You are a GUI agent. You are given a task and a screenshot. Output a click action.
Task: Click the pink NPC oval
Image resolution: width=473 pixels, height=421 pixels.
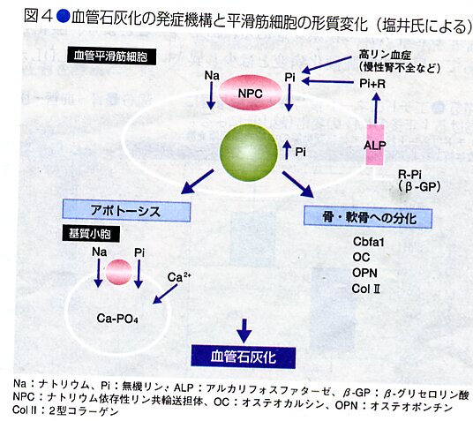250,93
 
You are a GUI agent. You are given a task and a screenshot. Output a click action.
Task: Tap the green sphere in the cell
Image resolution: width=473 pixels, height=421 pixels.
249,153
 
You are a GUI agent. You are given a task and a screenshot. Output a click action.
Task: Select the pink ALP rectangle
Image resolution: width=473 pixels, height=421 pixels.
375,145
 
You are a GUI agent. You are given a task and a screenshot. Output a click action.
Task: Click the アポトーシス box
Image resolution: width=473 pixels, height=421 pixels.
126,210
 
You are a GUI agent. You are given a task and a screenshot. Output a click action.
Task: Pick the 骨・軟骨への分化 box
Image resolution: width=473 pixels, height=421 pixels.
368,217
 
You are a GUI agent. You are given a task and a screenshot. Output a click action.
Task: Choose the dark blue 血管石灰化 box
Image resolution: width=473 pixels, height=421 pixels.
244,357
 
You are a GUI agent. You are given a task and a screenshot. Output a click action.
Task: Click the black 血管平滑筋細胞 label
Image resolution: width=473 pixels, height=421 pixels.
111,56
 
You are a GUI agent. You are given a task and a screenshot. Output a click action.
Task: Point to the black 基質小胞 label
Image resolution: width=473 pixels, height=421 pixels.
91,233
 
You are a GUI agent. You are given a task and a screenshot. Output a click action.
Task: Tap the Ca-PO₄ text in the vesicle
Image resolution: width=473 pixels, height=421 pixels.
117,319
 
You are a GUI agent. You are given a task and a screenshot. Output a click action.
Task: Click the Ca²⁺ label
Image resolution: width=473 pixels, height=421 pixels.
179,277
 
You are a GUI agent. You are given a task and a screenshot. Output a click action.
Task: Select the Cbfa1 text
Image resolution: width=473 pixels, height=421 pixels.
369,242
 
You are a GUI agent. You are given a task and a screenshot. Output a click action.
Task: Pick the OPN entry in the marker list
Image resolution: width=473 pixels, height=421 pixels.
364,273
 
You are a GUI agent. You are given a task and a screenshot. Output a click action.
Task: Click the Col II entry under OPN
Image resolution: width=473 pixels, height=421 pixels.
365,289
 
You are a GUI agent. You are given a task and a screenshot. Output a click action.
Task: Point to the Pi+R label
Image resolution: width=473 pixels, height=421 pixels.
372,83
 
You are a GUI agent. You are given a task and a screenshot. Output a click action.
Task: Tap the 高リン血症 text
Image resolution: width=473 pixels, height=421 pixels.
385,55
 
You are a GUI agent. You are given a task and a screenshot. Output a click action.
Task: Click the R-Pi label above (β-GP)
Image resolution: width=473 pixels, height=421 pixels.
409,174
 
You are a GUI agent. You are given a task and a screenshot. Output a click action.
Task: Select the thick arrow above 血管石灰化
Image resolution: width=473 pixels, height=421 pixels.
244,330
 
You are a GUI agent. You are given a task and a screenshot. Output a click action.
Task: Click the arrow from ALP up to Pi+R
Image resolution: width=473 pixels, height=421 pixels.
376,108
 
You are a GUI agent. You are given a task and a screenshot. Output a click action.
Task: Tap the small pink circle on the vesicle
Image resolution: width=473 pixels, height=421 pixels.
118,272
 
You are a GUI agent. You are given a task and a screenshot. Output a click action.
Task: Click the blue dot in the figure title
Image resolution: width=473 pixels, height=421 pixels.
64,16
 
